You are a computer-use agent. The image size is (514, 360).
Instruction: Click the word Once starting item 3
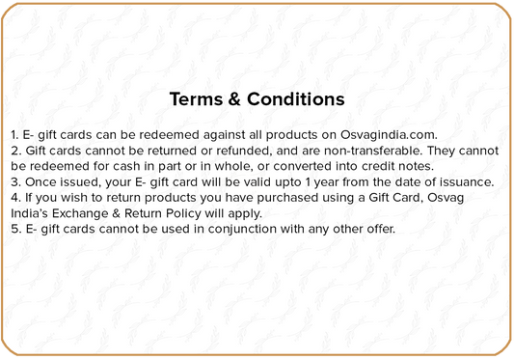pos(41,181)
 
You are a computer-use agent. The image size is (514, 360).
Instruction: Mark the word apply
pos(253,213)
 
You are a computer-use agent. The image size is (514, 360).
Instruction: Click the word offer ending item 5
pos(376,229)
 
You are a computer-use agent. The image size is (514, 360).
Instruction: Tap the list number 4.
pos(14,198)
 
